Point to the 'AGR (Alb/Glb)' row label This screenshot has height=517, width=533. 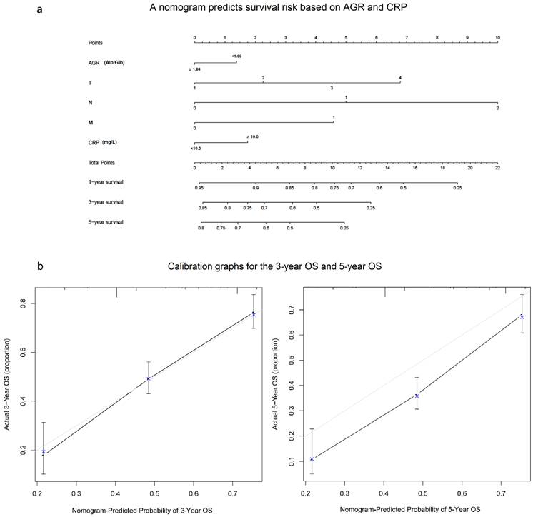(x=106, y=62)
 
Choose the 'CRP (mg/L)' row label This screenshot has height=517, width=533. (x=103, y=142)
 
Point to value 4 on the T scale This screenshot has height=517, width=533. (x=400, y=78)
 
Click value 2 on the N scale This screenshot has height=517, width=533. (x=497, y=107)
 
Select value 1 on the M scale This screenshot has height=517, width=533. (x=333, y=118)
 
